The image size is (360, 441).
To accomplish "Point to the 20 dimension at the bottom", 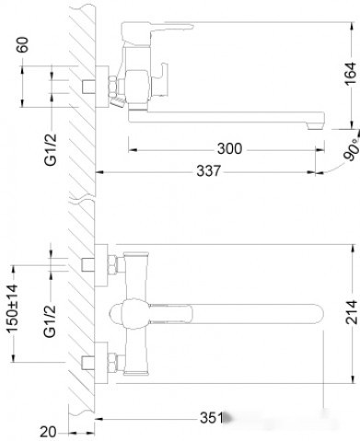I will tap(49, 429).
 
